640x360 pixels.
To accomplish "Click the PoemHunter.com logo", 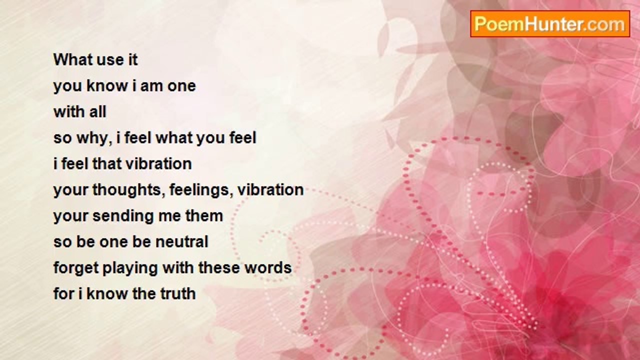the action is pyautogui.click(x=550, y=24).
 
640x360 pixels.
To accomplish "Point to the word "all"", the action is pyautogui.click(x=97, y=111).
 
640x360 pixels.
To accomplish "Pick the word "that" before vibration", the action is pyautogui.click(x=107, y=163).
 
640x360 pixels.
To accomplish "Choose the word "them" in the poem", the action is pyautogui.click(x=204, y=215).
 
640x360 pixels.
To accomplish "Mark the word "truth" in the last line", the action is pyautogui.click(x=178, y=293).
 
